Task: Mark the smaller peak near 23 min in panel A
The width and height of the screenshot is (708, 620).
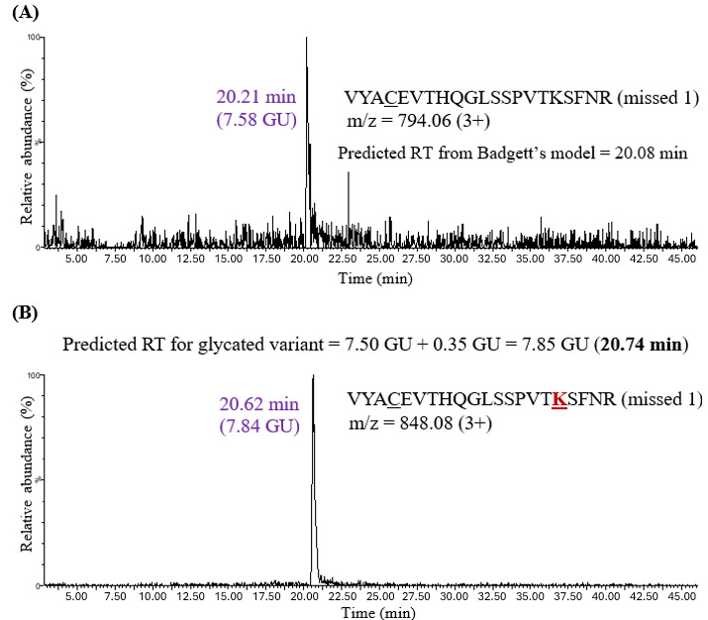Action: tap(349, 175)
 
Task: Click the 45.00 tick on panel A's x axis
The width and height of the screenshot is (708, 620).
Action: tap(680, 259)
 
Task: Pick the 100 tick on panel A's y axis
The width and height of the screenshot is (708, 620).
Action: tap(33, 37)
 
